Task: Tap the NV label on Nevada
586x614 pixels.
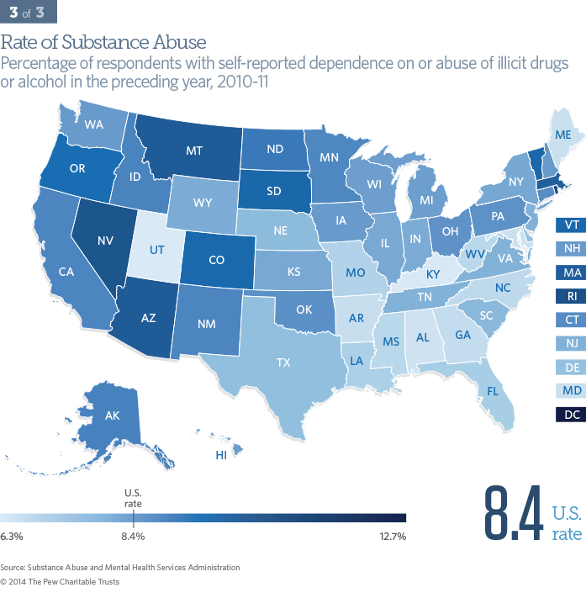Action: (x=105, y=240)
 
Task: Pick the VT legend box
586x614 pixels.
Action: (x=571, y=225)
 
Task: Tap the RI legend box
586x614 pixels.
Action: (x=571, y=296)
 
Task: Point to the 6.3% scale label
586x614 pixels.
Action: (x=12, y=535)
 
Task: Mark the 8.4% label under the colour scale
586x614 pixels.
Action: (x=134, y=535)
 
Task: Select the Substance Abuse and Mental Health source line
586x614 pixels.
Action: (x=120, y=568)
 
